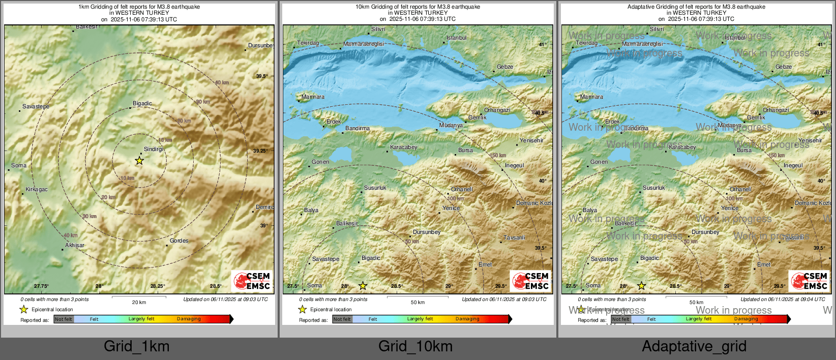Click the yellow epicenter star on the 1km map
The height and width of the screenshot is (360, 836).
coord(139,161)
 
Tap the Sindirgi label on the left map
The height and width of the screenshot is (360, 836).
coord(154,149)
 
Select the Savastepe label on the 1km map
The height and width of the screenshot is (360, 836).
coord(36,106)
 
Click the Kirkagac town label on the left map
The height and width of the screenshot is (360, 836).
coord(37,190)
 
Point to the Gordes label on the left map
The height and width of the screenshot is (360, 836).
coord(179,241)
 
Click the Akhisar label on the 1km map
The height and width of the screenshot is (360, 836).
coord(75,245)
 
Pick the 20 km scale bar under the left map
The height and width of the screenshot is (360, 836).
coord(139,297)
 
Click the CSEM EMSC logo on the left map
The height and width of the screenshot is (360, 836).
coord(252,281)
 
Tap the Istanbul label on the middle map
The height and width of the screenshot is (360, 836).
coord(456,38)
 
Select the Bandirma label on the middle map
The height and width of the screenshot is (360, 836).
coord(357,128)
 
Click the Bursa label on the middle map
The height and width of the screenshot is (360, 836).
coord(465,150)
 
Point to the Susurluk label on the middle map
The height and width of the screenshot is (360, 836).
coord(375,188)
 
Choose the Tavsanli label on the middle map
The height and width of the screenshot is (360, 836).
coord(514,237)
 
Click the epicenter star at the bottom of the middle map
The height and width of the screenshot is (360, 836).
coord(363,286)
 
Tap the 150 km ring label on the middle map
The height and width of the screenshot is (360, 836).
coord(498,155)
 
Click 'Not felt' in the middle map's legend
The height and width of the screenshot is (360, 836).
coord(342,319)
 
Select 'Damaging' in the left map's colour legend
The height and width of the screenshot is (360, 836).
coord(189,319)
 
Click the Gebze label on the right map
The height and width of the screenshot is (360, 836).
coord(784,67)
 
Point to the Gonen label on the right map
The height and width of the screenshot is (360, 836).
coord(599,162)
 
